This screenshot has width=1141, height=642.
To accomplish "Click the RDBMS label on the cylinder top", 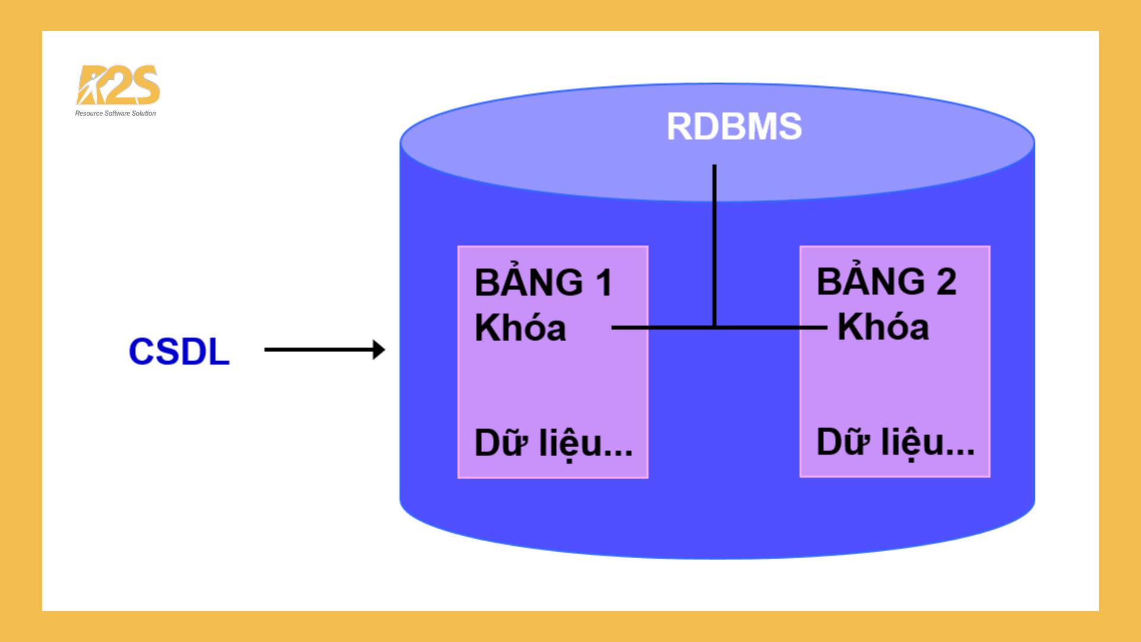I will [734, 127].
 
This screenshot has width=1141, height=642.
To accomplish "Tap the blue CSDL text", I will [179, 351].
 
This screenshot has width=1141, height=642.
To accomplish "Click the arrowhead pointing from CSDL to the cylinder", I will [379, 350].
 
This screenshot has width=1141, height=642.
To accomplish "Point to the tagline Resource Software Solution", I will [115, 114].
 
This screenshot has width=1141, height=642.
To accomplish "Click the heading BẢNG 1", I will [543, 282].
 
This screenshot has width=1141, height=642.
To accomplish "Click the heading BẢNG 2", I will [886, 281].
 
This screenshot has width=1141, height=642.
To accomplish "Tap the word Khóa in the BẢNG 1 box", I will [520, 328].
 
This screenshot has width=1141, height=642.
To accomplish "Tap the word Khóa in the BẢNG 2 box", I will [883, 327].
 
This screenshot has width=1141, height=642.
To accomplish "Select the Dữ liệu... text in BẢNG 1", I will [553, 443].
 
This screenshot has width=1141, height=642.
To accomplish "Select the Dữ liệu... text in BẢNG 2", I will [896, 442].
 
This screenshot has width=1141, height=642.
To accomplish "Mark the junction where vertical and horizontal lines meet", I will [714, 327].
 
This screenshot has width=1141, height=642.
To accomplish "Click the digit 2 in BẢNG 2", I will [947, 282].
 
